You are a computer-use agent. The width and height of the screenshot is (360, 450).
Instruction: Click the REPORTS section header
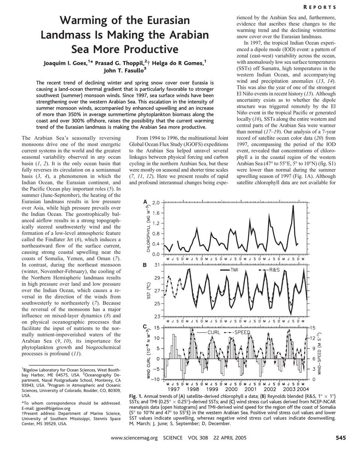pyautogui.click(x=331, y=7)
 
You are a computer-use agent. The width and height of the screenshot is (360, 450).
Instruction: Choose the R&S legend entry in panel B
pyautogui.click(x=269, y=270)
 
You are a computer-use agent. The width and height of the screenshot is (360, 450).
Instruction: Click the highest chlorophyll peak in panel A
pyautogui.click(x=293, y=205)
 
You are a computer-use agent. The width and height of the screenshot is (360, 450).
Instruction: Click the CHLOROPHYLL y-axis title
pyautogui.click(x=148, y=229)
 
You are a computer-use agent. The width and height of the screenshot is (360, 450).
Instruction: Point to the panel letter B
pyautogui.click(x=145, y=265)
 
